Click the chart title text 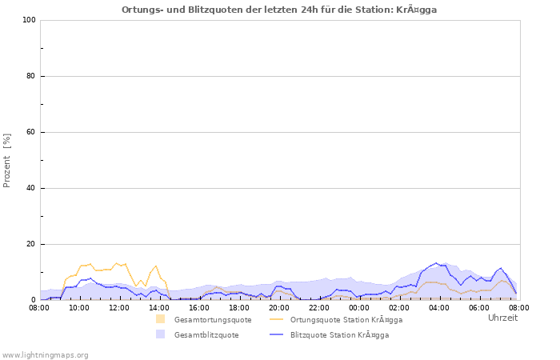279,10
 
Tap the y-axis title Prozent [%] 7,160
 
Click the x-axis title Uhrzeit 502,318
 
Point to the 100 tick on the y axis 29,20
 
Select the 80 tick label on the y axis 31,76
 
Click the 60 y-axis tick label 31,132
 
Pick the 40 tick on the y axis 31,188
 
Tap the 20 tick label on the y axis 31,244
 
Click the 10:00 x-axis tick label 79,307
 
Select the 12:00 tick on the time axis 119,307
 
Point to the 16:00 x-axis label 199,307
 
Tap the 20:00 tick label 279,307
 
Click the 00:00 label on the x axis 359,307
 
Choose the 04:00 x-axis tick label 439,307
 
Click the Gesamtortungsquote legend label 213,320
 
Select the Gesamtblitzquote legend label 206,335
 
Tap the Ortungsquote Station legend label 346,320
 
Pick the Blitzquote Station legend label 339,335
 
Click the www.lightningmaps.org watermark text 46,354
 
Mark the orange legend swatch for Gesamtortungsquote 161,319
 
